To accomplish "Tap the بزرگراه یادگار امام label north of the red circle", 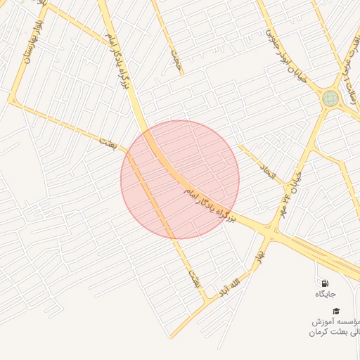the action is coord(119,58).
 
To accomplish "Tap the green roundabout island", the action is coord(330,98).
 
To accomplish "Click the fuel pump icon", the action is coord(325,283).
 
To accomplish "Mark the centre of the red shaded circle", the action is coord(180,179).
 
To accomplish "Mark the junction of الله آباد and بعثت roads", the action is coord(207,300).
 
